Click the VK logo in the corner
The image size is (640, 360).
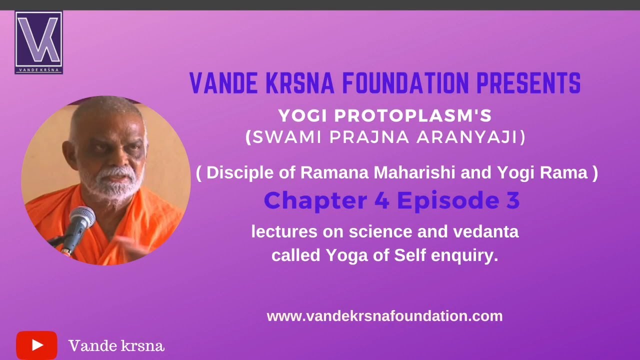coord(38,42)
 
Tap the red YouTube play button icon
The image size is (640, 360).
coord(36,345)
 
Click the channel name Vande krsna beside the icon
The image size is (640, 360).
coord(116,345)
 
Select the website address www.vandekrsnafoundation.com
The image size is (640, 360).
coord(384,316)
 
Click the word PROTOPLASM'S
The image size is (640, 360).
coord(413,116)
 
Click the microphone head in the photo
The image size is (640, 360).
coord(82,216)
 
